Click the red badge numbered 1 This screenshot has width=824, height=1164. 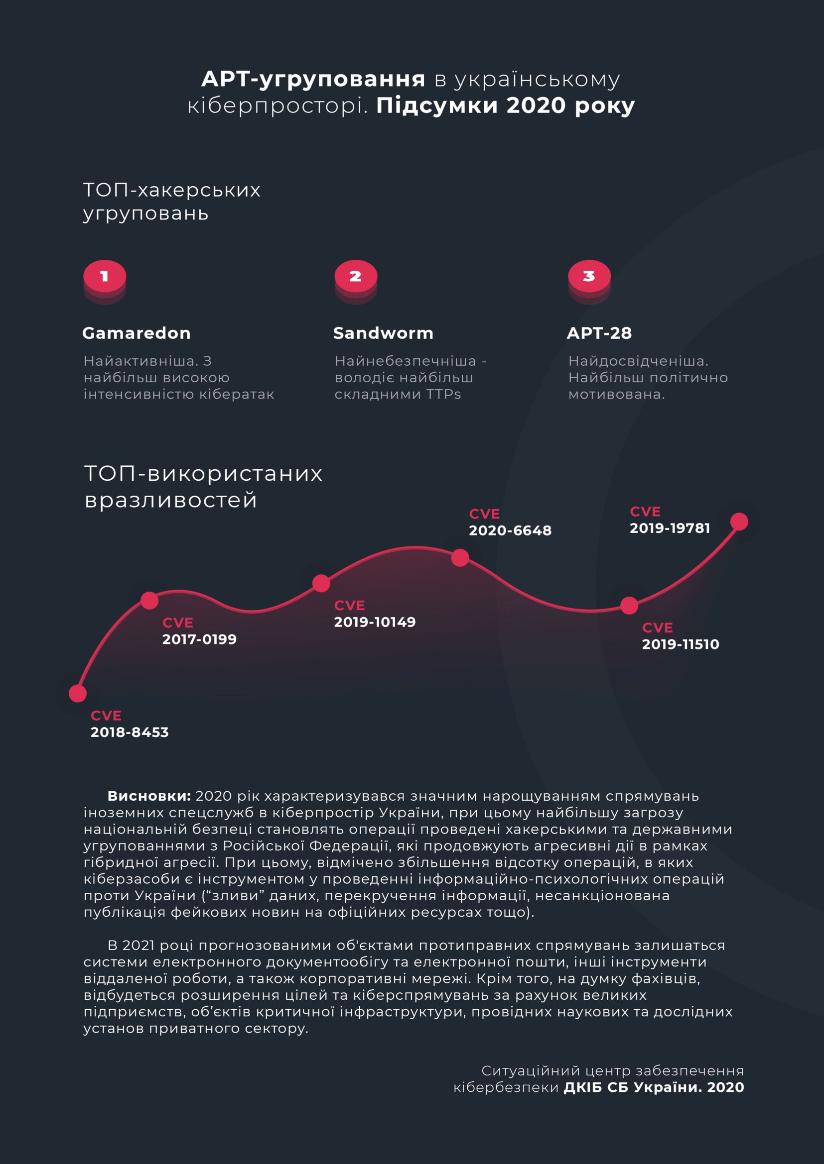click(105, 276)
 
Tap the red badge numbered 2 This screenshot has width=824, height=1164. click(356, 276)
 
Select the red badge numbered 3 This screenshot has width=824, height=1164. click(589, 276)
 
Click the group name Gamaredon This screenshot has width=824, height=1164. click(137, 333)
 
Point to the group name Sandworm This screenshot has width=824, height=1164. click(383, 333)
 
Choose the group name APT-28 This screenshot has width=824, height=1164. click(599, 333)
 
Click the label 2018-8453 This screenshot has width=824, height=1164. click(130, 732)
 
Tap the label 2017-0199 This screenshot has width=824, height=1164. click(199, 639)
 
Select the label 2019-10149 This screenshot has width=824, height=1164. click(375, 622)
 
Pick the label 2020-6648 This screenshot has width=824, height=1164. click(510, 530)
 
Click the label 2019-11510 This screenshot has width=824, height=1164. click(681, 644)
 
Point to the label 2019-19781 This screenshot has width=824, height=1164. click(670, 529)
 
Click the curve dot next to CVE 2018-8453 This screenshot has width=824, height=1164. click(78, 693)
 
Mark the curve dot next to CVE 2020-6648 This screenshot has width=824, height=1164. click(460, 558)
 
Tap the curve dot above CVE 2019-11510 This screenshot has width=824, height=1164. click(629, 605)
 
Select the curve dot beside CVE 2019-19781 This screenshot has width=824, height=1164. click(739, 521)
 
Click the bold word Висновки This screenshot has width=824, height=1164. click(148, 796)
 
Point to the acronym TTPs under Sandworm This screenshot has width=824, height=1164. click(443, 394)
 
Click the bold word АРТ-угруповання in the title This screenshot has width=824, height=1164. click(313, 79)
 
